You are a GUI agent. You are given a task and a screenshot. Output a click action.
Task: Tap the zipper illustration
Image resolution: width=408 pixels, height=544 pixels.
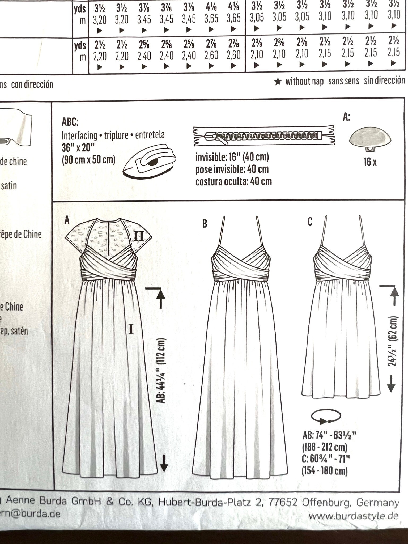(264, 136)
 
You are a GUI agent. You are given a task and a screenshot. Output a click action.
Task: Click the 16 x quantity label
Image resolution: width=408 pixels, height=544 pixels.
(370, 162)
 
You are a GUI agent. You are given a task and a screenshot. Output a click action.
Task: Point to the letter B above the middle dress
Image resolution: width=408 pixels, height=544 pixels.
(205, 224)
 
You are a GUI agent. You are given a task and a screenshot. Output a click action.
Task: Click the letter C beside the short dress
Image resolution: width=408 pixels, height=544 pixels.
(310, 222)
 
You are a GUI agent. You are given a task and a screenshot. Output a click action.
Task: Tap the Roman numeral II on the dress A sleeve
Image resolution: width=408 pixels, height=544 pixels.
(138, 236)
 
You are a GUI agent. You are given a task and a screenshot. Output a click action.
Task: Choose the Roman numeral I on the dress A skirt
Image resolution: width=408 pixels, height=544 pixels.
(131, 329)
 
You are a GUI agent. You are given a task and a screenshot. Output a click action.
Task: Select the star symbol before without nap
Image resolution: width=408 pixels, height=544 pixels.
(278, 82)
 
